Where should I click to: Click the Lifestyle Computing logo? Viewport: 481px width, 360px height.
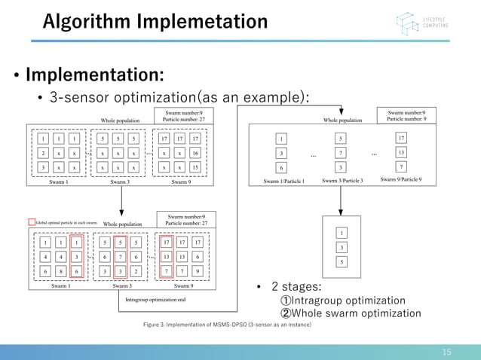click(x=423, y=23)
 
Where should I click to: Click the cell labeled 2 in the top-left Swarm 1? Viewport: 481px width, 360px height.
click(x=44, y=153)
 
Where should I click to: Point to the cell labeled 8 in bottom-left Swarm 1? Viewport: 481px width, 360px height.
click(x=60, y=271)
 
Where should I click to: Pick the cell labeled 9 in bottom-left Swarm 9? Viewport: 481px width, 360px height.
click(x=197, y=271)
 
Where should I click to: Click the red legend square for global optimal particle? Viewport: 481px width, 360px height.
click(x=31, y=222)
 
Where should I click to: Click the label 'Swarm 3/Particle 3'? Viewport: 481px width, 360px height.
click(x=342, y=181)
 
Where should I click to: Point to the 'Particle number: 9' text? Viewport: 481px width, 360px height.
click(x=406, y=119)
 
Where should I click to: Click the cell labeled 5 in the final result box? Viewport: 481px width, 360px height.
click(x=341, y=261)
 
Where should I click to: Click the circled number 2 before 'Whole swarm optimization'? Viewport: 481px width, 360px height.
click(x=286, y=313)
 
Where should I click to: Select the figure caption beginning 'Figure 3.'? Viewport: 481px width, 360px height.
click(x=226, y=324)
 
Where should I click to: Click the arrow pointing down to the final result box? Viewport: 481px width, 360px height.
click(x=341, y=200)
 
